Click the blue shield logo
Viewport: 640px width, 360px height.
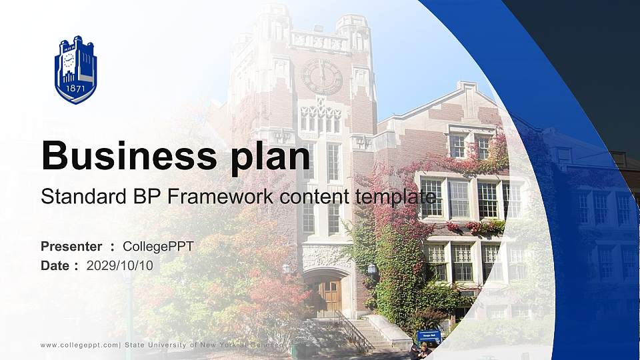(75, 70)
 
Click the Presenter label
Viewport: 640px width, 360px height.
(71, 247)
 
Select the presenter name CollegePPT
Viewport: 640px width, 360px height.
(158, 247)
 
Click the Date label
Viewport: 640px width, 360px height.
(55, 265)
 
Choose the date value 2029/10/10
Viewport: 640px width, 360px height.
(119, 265)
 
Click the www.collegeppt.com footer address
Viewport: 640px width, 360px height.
(79, 345)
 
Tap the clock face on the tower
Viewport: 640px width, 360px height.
(322, 77)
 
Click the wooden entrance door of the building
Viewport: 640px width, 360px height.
(327, 294)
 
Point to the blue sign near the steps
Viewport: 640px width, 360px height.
(429, 336)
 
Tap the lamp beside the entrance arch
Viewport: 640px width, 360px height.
(372, 269)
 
